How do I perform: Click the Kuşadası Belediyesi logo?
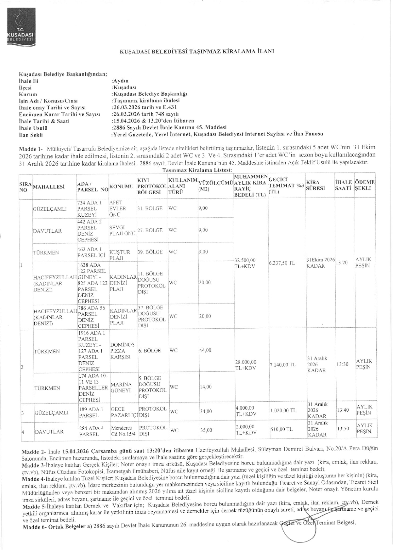(x=21, y=26)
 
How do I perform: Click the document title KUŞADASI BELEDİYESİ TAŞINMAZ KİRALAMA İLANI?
(x=197, y=51)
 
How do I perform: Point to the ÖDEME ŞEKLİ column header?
(x=364, y=185)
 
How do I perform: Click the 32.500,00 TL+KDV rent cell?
(x=245, y=263)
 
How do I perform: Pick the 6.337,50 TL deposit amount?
(x=282, y=263)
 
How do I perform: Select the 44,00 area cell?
(x=205, y=350)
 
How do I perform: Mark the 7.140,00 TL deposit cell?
(x=282, y=365)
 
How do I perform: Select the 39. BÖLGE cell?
(x=150, y=252)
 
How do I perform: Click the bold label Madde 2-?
(x=31, y=447)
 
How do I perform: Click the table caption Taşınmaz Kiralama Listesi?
(x=197, y=170)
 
